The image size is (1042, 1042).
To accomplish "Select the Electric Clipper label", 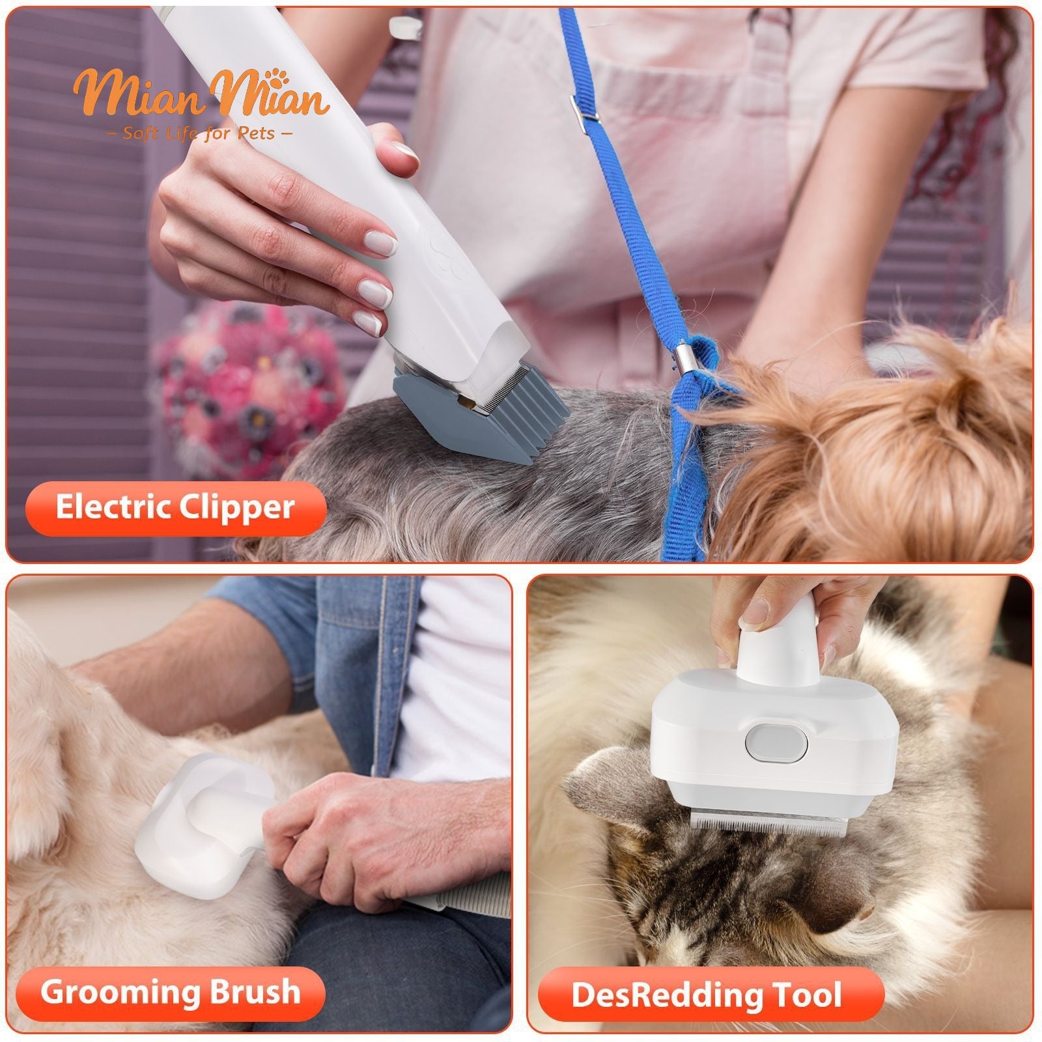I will pyautogui.click(x=175, y=508).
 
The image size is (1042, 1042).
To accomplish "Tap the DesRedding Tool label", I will pyautogui.click(x=706, y=994).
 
